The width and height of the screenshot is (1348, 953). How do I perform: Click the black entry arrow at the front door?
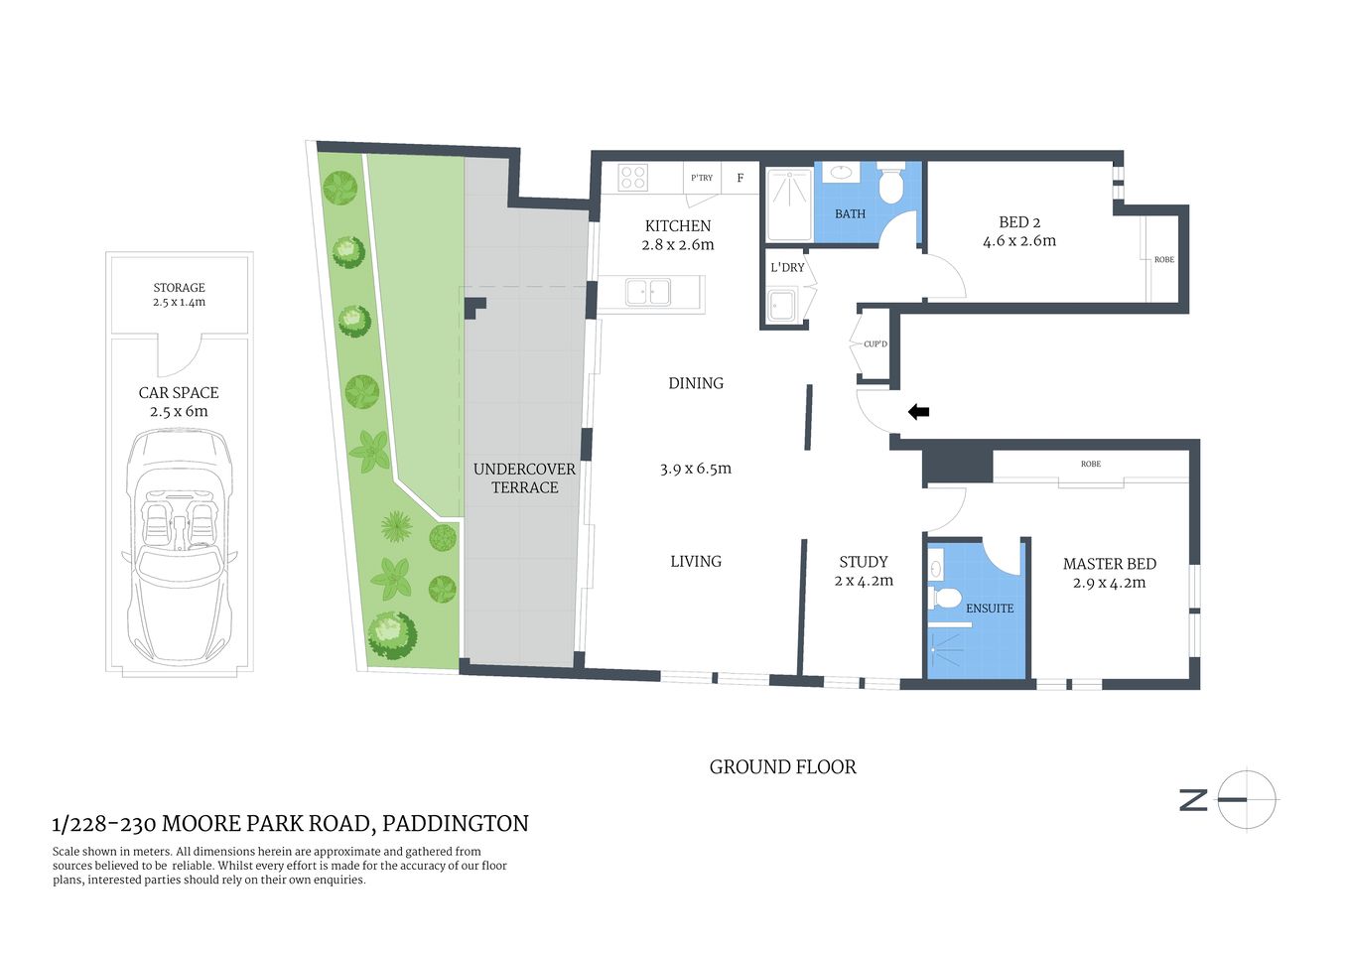[919, 411]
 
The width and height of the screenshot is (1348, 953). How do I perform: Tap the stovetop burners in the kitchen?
[633, 178]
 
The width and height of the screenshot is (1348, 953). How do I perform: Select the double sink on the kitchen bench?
[647, 293]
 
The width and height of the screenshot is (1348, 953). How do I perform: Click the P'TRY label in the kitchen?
[702, 178]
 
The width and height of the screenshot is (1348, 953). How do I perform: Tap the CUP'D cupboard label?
[876, 344]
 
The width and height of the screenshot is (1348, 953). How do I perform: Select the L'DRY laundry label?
[787, 267]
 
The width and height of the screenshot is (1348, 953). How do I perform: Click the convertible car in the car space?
[179, 551]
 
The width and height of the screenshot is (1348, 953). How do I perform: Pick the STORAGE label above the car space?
[179, 288]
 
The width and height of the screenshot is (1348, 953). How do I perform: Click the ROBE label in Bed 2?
[1164, 260]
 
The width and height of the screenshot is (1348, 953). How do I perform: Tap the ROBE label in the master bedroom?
[1091, 465]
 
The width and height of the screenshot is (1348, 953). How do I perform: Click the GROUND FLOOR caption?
[782, 767]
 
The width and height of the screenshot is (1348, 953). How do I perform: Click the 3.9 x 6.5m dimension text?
[695, 469]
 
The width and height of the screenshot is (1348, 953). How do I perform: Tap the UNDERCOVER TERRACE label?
[524, 477]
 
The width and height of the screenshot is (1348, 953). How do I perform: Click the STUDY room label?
[864, 562]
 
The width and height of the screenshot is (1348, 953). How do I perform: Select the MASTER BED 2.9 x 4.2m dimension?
[1109, 583]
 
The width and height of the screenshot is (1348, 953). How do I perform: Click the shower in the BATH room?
[789, 204]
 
